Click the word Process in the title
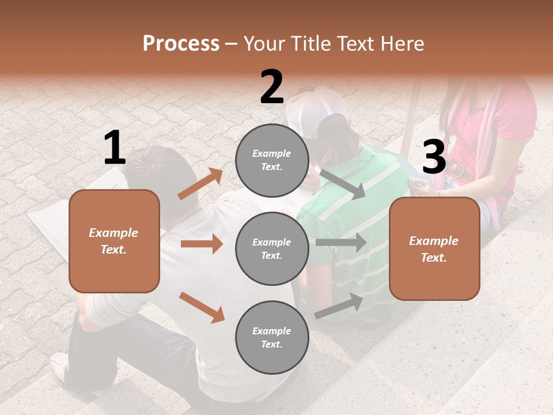[x=181, y=44]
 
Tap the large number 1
[x=115, y=148]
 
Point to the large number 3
[x=434, y=157]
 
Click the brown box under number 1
[x=115, y=241]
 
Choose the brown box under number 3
[x=434, y=248]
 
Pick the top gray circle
[x=272, y=160]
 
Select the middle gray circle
[x=272, y=248]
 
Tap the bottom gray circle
[x=272, y=337]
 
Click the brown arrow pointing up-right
[x=200, y=184]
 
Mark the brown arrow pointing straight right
[x=202, y=244]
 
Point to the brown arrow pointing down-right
[x=202, y=307]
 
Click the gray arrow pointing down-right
[x=343, y=184]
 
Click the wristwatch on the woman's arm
[x=459, y=171]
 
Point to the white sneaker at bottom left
[x=60, y=369]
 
